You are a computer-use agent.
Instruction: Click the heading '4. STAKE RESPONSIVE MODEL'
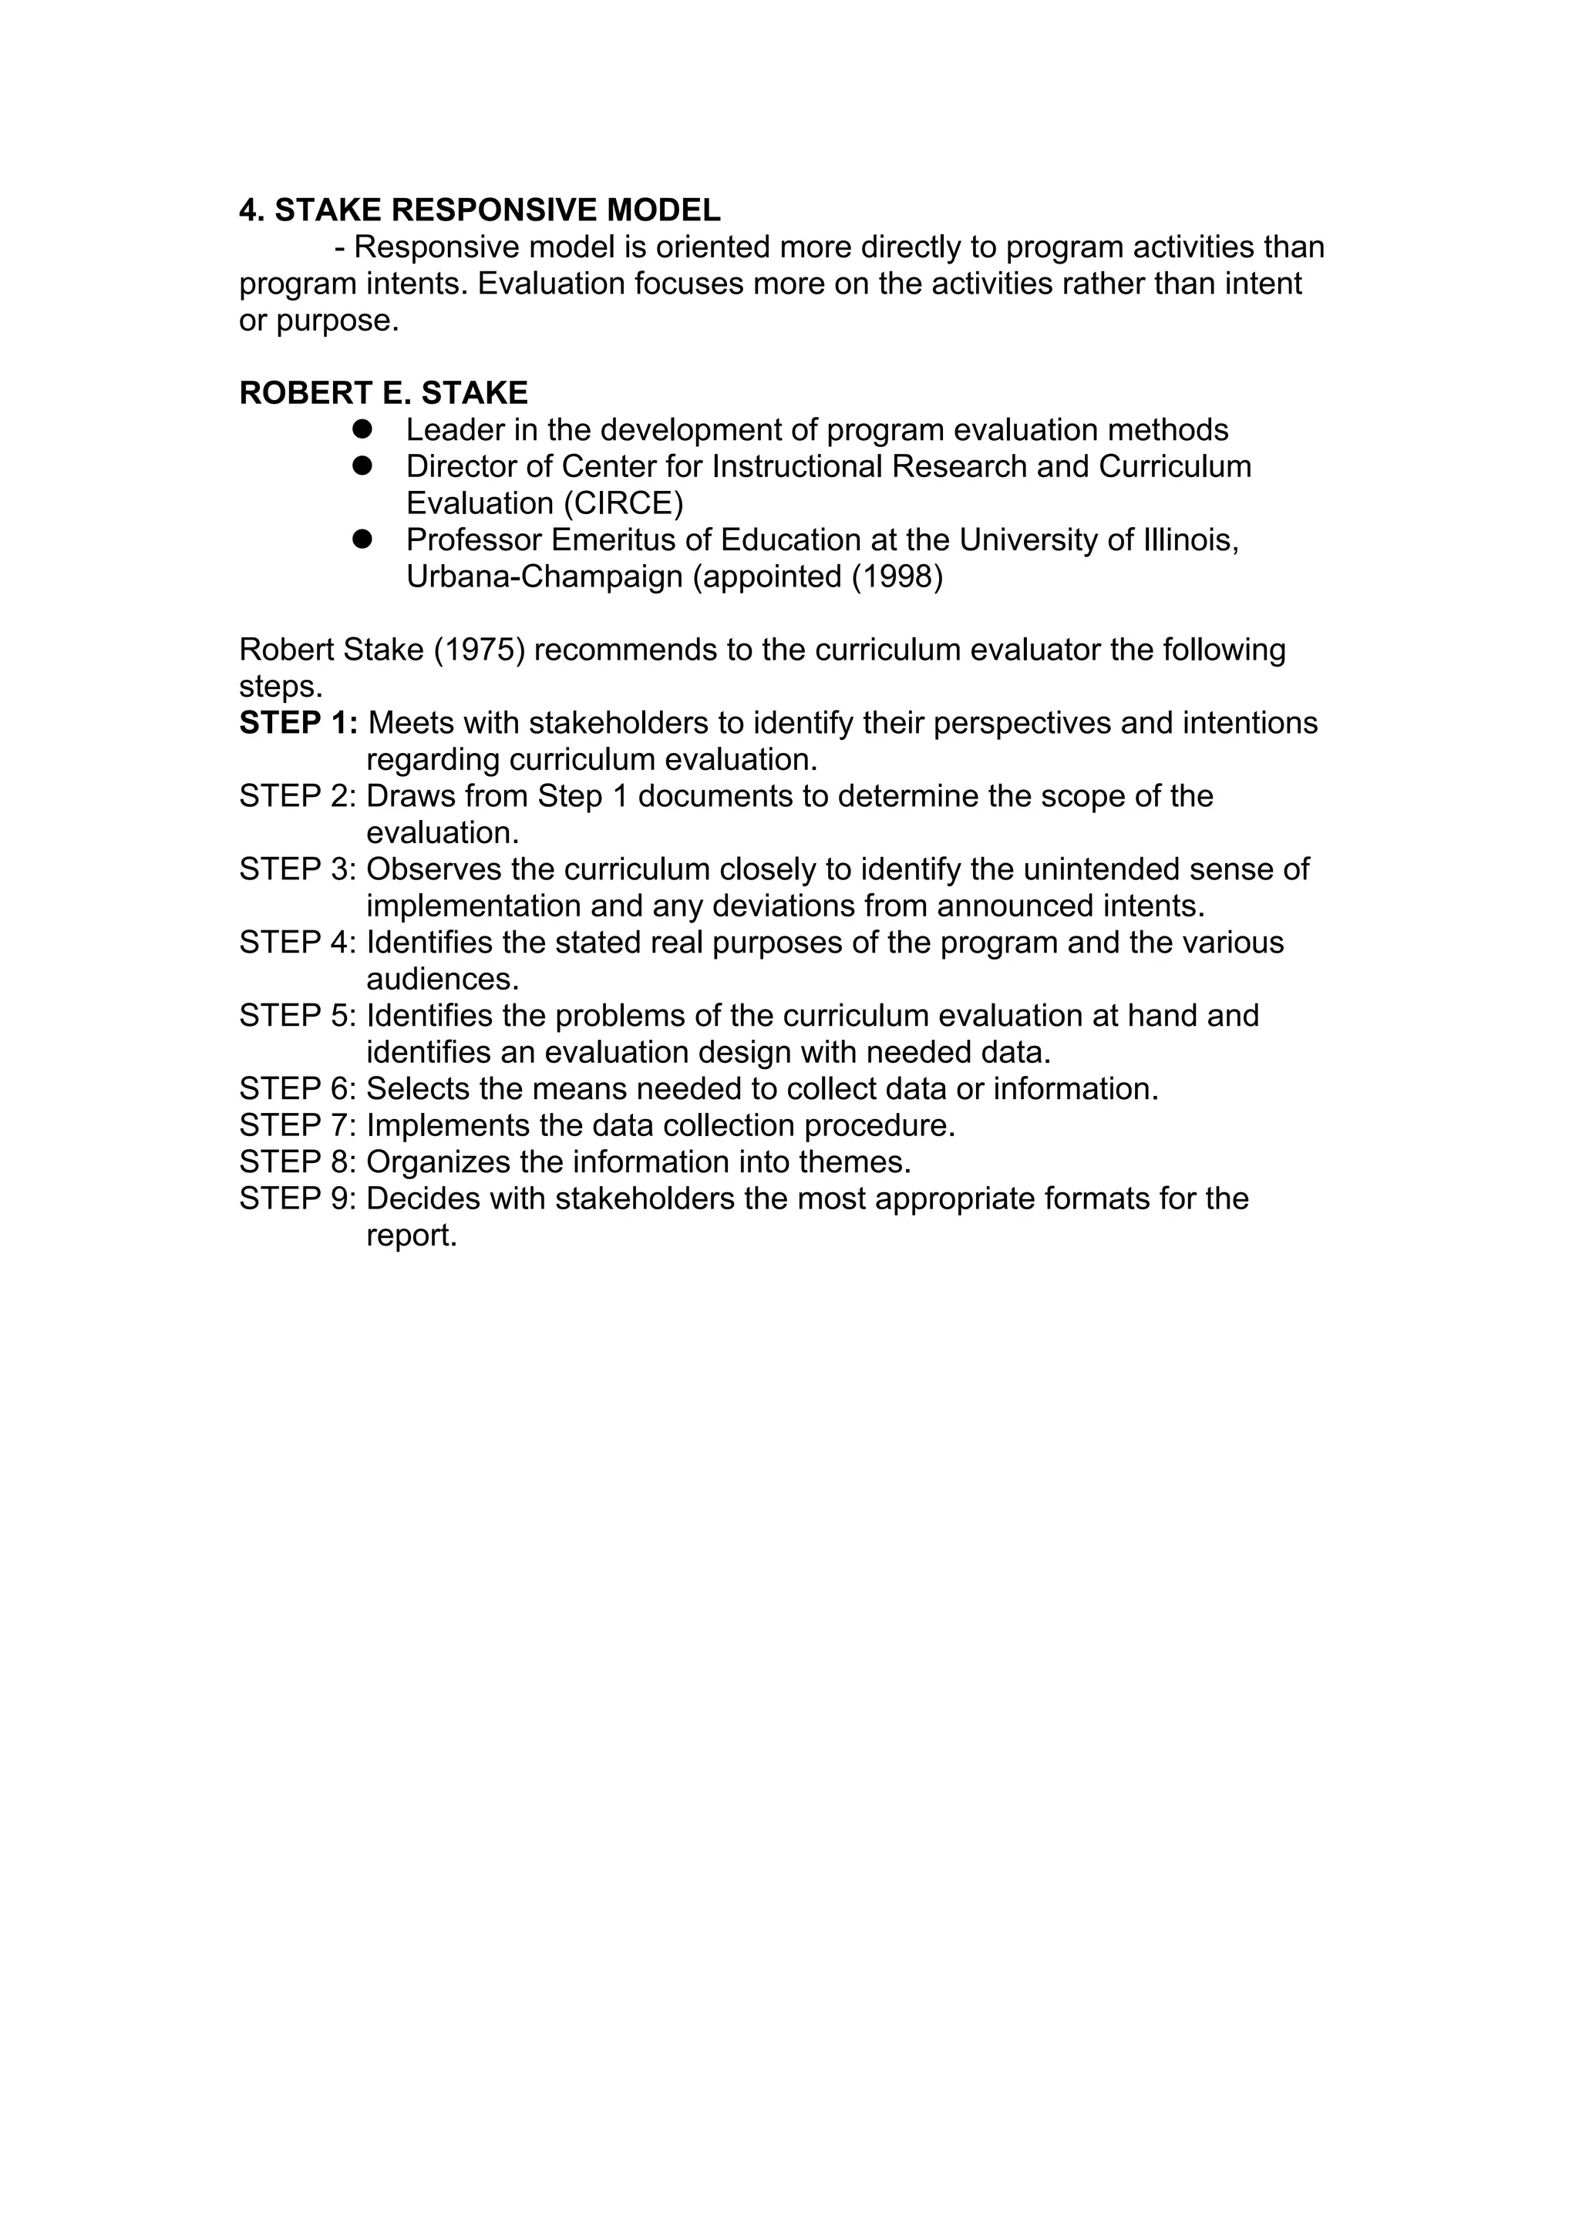tap(480, 210)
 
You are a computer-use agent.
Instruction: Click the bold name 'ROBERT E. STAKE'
tap(383, 393)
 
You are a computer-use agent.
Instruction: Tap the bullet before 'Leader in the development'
tap(362, 429)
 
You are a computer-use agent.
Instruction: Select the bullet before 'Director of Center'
tap(362, 466)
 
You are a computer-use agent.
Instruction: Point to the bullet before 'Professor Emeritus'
tap(362, 540)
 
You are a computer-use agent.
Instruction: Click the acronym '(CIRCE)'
tap(623, 503)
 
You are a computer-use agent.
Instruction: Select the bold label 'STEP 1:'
tap(298, 723)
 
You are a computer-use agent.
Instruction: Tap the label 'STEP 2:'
tap(298, 796)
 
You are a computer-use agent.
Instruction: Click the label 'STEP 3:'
tap(298, 869)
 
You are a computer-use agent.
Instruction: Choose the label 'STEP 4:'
tap(298, 942)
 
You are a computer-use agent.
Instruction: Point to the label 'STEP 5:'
tap(298, 1016)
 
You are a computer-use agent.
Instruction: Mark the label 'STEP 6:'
tap(298, 1089)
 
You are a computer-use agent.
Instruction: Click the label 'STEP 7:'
tap(298, 1126)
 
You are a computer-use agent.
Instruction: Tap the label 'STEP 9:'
tap(298, 1198)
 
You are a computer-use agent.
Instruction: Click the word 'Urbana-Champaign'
tap(544, 576)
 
